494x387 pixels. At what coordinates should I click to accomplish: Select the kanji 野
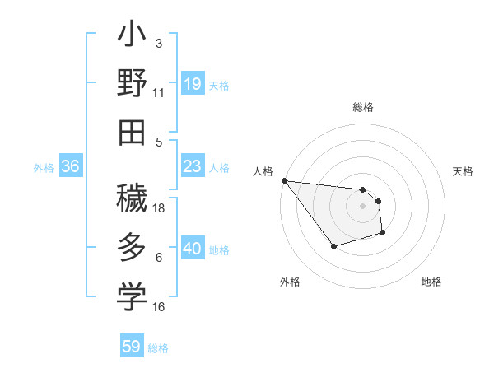[x=132, y=85]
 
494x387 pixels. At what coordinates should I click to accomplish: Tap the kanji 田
[x=132, y=132]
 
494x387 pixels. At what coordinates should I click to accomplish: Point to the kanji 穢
[x=132, y=198]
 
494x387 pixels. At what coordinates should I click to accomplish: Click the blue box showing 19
[x=192, y=84]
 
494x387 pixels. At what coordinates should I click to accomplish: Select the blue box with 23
[x=192, y=167]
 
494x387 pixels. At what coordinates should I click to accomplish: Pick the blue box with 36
[x=71, y=167]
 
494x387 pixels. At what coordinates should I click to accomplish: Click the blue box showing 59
[x=132, y=347]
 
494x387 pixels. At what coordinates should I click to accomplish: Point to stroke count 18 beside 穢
[x=159, y=207]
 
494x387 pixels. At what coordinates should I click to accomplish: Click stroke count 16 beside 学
[x=159, y=306]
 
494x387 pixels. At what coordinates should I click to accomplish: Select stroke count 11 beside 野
[x=159, y=93]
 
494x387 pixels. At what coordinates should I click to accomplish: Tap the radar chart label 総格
[x=363, y=108]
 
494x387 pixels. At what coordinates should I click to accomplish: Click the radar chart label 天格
[x=464, y=171]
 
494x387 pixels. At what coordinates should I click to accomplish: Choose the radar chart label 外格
[x=289, y=282]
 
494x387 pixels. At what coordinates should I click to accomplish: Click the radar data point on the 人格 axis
[x=284, y=180]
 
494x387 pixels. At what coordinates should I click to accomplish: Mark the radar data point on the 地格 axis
[x=383, y=234]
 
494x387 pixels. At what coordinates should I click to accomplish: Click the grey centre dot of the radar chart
[x=362, y=207]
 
